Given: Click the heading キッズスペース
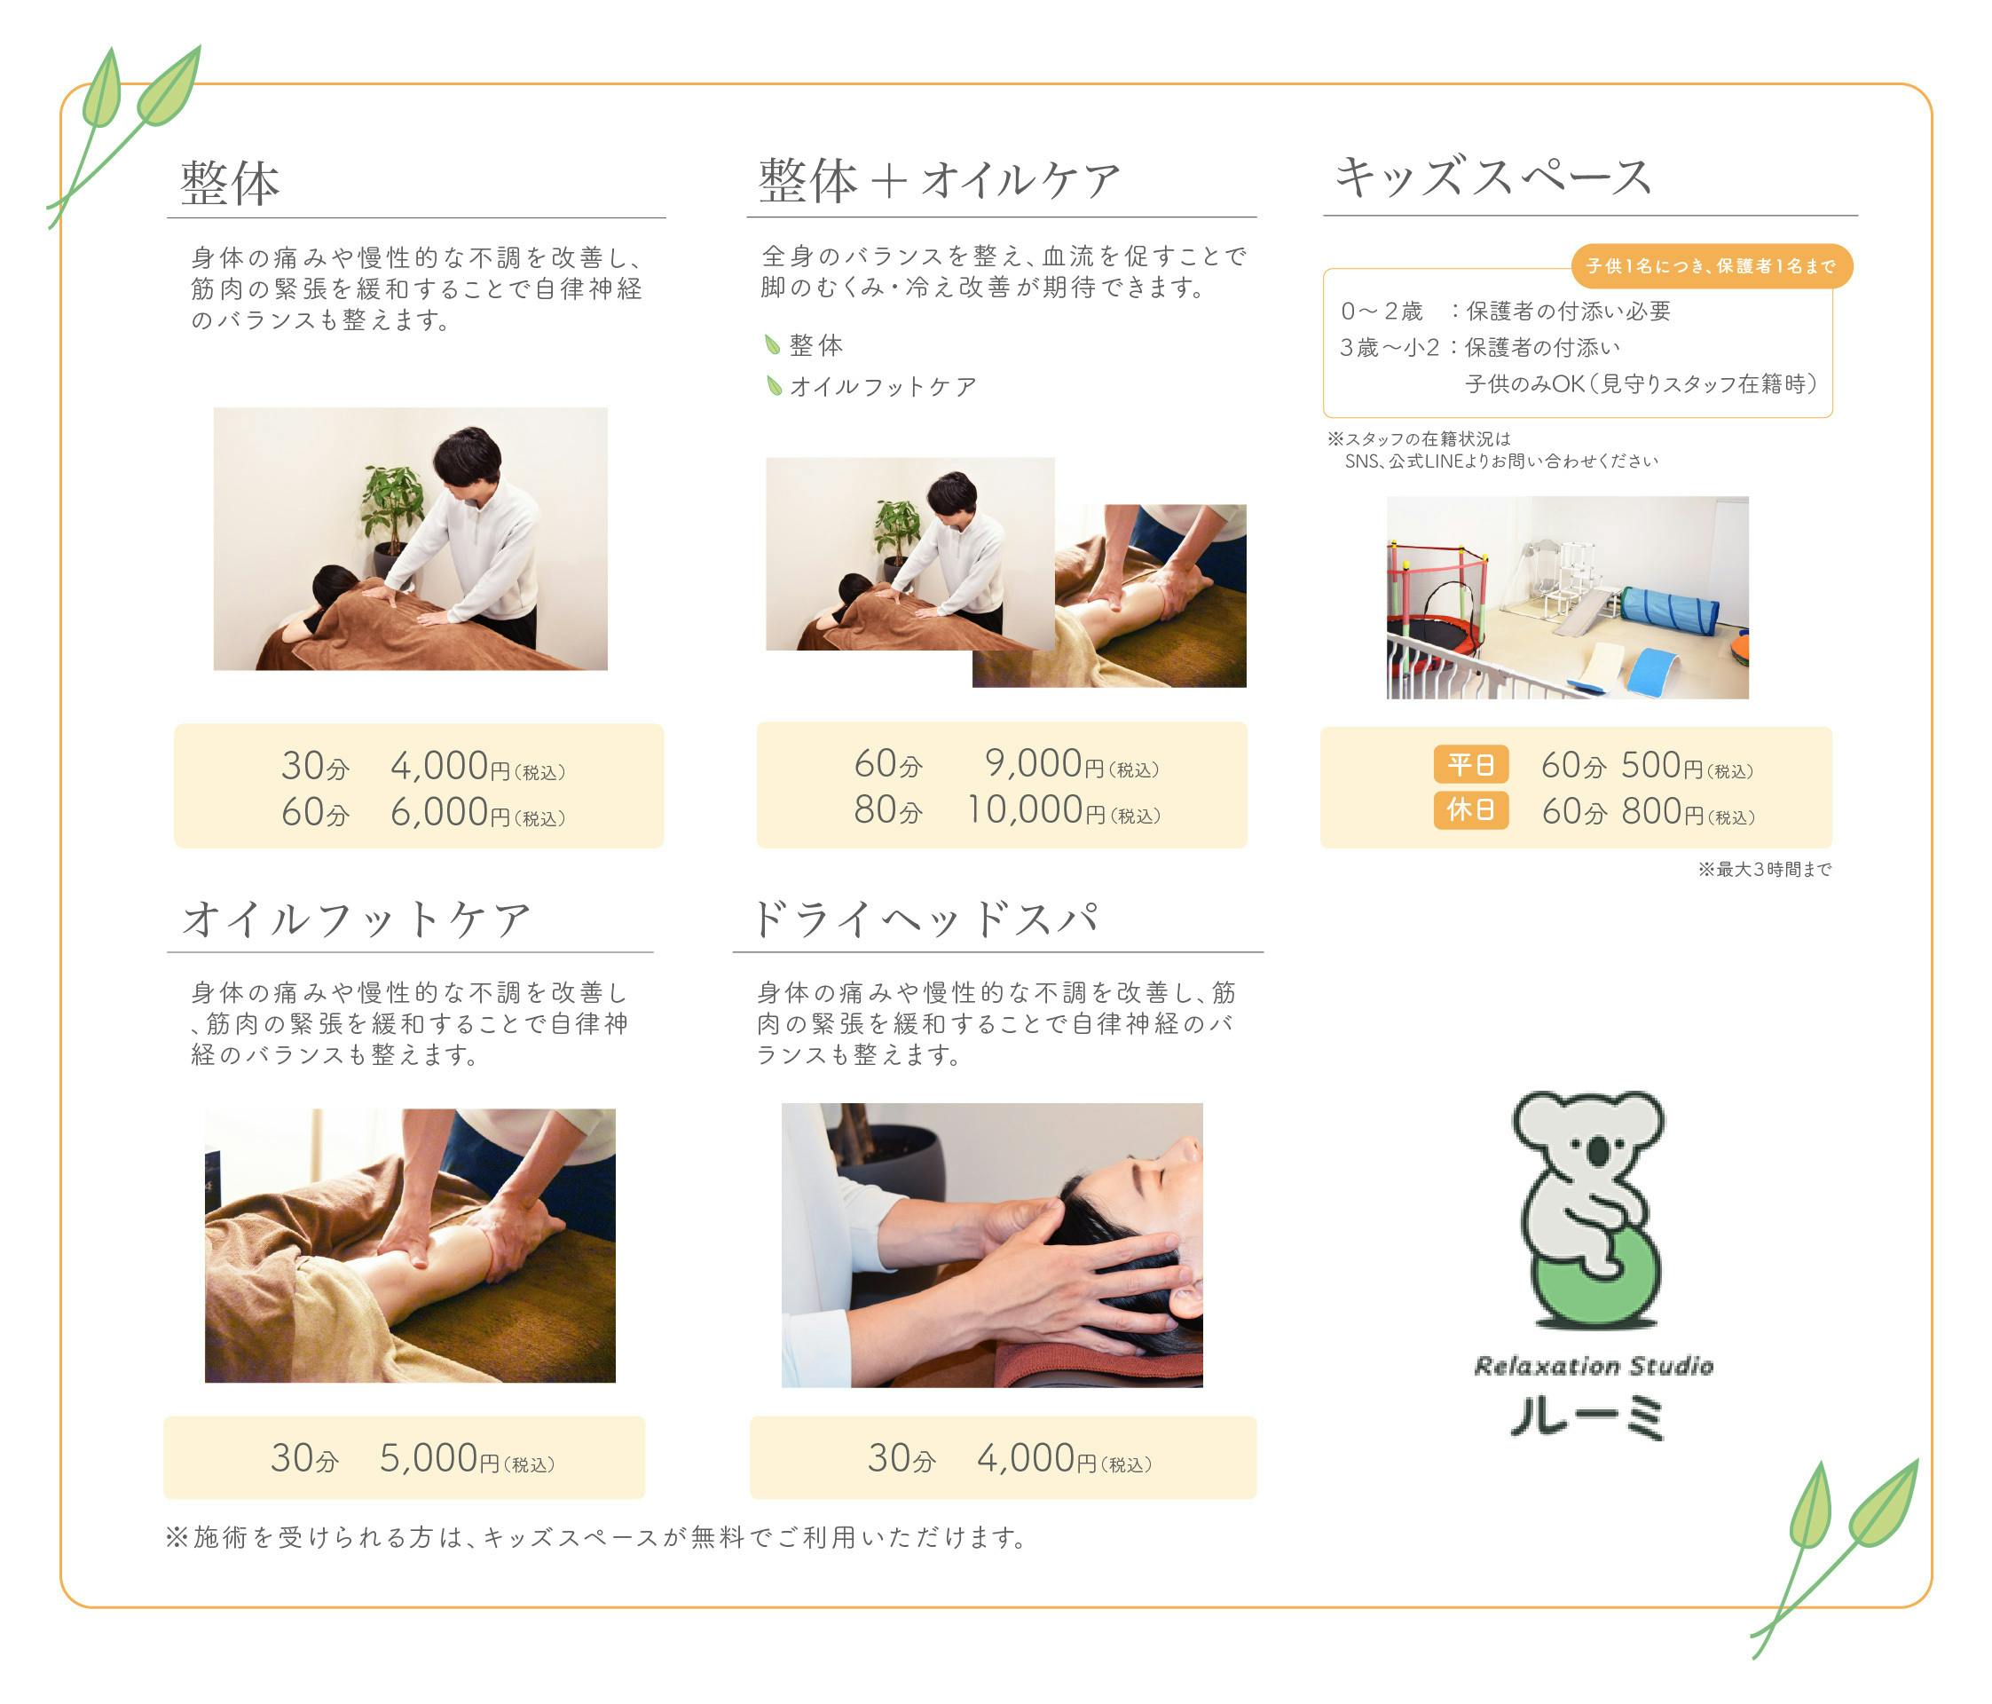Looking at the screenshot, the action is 1493,177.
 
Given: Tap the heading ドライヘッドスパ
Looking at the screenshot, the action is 925,918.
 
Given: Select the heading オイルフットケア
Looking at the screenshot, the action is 357,919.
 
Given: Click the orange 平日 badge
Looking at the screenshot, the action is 1471,764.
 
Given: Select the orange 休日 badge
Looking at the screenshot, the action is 1471,809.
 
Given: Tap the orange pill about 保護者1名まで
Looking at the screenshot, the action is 1712,265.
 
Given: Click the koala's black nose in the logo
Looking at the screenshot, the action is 1597,1151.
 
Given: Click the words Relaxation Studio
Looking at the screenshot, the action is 1594,1366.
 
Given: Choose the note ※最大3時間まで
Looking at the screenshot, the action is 1764,870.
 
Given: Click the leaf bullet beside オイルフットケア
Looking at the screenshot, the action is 773,385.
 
